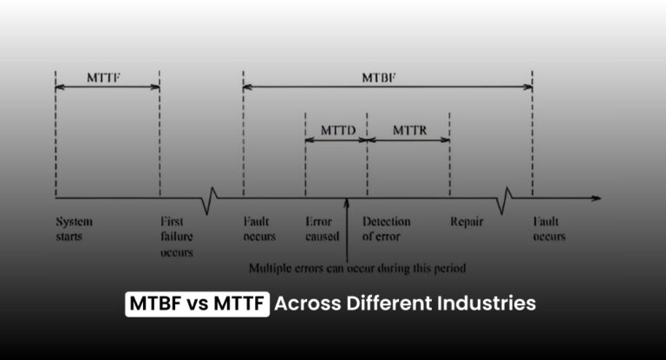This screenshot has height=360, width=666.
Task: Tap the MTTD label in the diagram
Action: coord(336,128)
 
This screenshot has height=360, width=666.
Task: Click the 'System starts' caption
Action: coord(73,229)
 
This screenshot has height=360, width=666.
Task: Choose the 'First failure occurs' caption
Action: coord(176,237)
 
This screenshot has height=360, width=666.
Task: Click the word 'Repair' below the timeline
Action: coord(466,221)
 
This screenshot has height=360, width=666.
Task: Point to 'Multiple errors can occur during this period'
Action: coord(357,268)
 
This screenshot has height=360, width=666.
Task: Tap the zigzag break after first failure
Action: coord(208,199)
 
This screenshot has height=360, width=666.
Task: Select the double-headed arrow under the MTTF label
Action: coord(108,86)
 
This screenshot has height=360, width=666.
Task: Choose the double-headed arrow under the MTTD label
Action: coord(336,139)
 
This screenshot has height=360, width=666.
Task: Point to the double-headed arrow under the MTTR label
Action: coord(408,139)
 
